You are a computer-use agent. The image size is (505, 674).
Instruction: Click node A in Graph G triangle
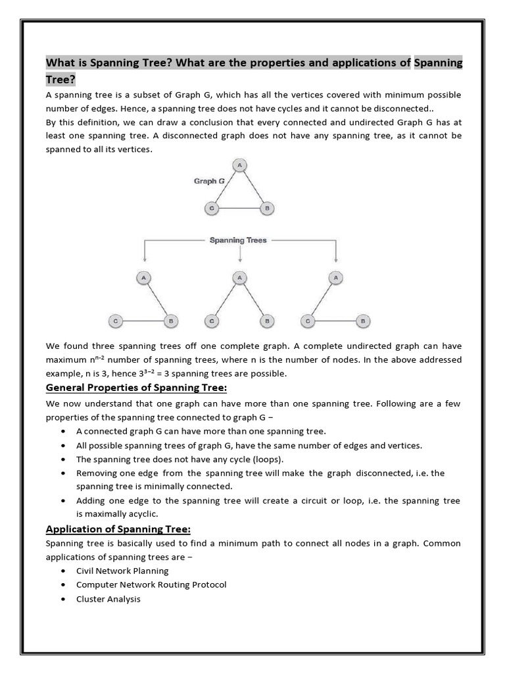pyautogui.click(x=240, y=165)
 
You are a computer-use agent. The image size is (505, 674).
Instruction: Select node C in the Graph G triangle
pyautogui.click(x=212, y=209)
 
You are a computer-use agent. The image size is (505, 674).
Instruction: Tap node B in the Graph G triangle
pyautogui.click(x=266, y=209)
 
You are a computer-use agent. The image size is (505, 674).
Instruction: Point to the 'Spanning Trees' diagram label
pyautogui.click(x=238, y=240)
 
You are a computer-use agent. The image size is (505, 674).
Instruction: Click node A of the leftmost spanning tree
pyautogui.click(x=143, y=278)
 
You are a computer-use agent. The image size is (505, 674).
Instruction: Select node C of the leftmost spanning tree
pyautogui.click(x=115, y=321)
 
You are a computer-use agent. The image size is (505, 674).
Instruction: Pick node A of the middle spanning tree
pyautogui.click(x=240, y=278)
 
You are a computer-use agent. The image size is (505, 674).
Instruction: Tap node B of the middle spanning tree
pyautogui.click(x=266, y=321)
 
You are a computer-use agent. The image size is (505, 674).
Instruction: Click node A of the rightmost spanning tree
pyautogui.click(x=336, y=278)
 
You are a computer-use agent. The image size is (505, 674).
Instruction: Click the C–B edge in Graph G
pyautogui.click(x=239, y=209)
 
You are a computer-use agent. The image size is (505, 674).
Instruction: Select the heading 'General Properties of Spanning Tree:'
pyautogui.click(x=136, y=387)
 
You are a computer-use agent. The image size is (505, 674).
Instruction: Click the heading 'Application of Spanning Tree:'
pyautogui.click(x=118, y=529)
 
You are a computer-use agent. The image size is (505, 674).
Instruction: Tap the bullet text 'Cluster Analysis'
pyautogui.click(x=108, y=599)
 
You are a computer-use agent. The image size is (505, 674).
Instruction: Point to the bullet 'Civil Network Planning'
pyautogui.click(x=122, y=571)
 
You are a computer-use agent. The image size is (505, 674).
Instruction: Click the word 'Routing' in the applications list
pyautogui.click(x=171, y=584)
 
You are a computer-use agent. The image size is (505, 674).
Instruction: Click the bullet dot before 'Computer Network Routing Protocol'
pyautogui.click(x=62, y=584)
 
